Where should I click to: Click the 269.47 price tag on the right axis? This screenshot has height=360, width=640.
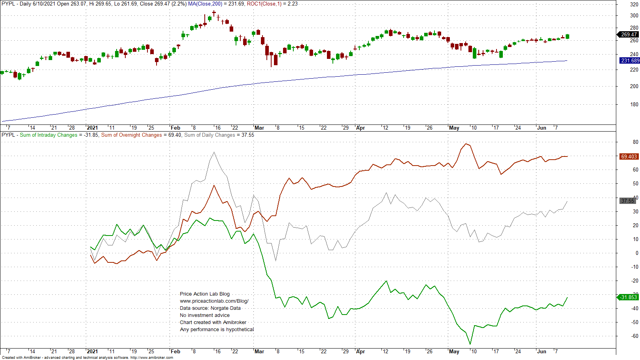(x=629, y=34)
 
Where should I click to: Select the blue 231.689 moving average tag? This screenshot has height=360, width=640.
(x=630, y=60)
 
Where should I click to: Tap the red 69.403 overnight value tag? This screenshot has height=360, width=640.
(x=629, y=156)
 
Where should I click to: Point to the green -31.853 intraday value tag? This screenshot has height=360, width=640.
(x=629, y=297)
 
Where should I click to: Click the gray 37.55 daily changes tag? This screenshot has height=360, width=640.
(x=628, y=201)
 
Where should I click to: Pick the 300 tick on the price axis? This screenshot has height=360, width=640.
(x=634, y=15)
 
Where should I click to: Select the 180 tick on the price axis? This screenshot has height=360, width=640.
(x=634, y=104)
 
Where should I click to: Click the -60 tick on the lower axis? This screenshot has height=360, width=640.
(x=634, y=336)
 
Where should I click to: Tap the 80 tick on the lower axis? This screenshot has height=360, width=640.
(x=636, y=142)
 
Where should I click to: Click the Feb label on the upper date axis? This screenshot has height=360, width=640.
(x=175, y=128)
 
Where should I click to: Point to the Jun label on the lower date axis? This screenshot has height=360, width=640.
(x=542, y=351)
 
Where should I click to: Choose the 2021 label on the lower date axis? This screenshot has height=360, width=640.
(x=92, y=351)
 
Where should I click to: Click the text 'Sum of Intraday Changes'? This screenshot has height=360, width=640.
(x=49, y=135)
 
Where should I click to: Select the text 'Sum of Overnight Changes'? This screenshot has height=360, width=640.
(x=132, y=135)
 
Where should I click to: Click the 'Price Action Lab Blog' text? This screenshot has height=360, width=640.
(x=204, y=294)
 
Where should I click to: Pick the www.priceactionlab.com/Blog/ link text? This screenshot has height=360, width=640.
(x=214, y=301)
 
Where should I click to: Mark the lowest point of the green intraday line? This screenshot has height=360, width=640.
(x=470, y=344)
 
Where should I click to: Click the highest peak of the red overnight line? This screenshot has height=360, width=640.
(x=466, y=144)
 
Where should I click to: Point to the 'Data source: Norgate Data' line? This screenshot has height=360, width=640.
(x=210, y=308)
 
